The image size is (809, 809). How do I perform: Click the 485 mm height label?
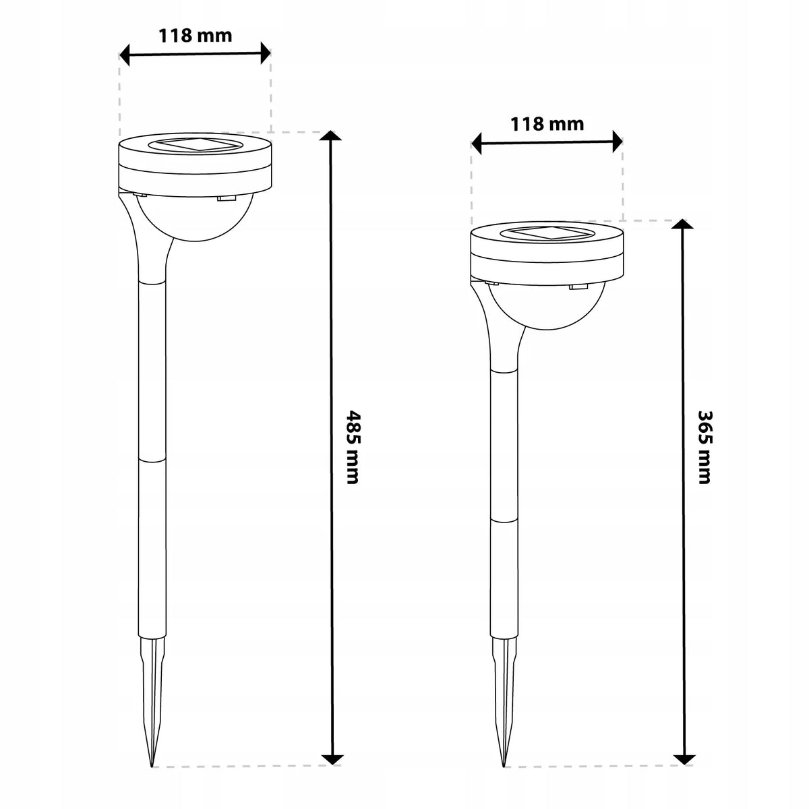(x=352, y=448)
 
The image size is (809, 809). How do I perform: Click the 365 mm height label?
(x=704, y=448)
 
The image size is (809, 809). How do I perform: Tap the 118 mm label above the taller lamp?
(x=196, y=36)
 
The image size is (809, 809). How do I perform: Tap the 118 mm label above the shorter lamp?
(x=547, y=124)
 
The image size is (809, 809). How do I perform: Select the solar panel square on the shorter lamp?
(x=547, y=233)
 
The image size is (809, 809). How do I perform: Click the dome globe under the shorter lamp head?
(x=547, y=307)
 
